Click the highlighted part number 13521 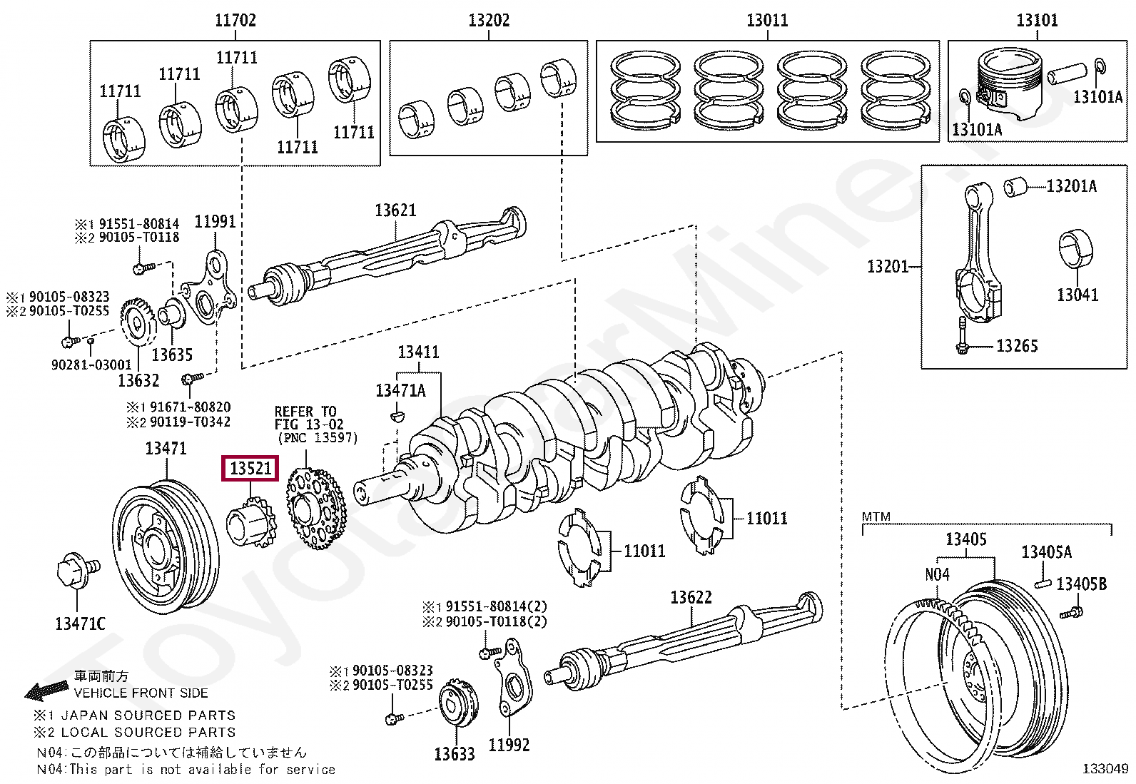[x=250, y=469]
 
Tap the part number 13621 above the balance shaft [x=395, y=210]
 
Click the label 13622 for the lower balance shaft [x=690, y=598]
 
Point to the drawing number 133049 [x=1105, y=768]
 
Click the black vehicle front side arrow [x=46, y=690]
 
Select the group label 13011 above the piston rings [x=767, y=21]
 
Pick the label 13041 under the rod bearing [x=1077, y=295]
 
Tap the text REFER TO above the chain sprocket [x=305, y=412]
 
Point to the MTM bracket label [x=876, y=516]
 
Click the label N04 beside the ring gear [x=936, y=575]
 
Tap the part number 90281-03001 [x=91, y=365]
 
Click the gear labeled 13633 [x=457, y=706]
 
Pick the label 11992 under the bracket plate [x=508, y=745]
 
